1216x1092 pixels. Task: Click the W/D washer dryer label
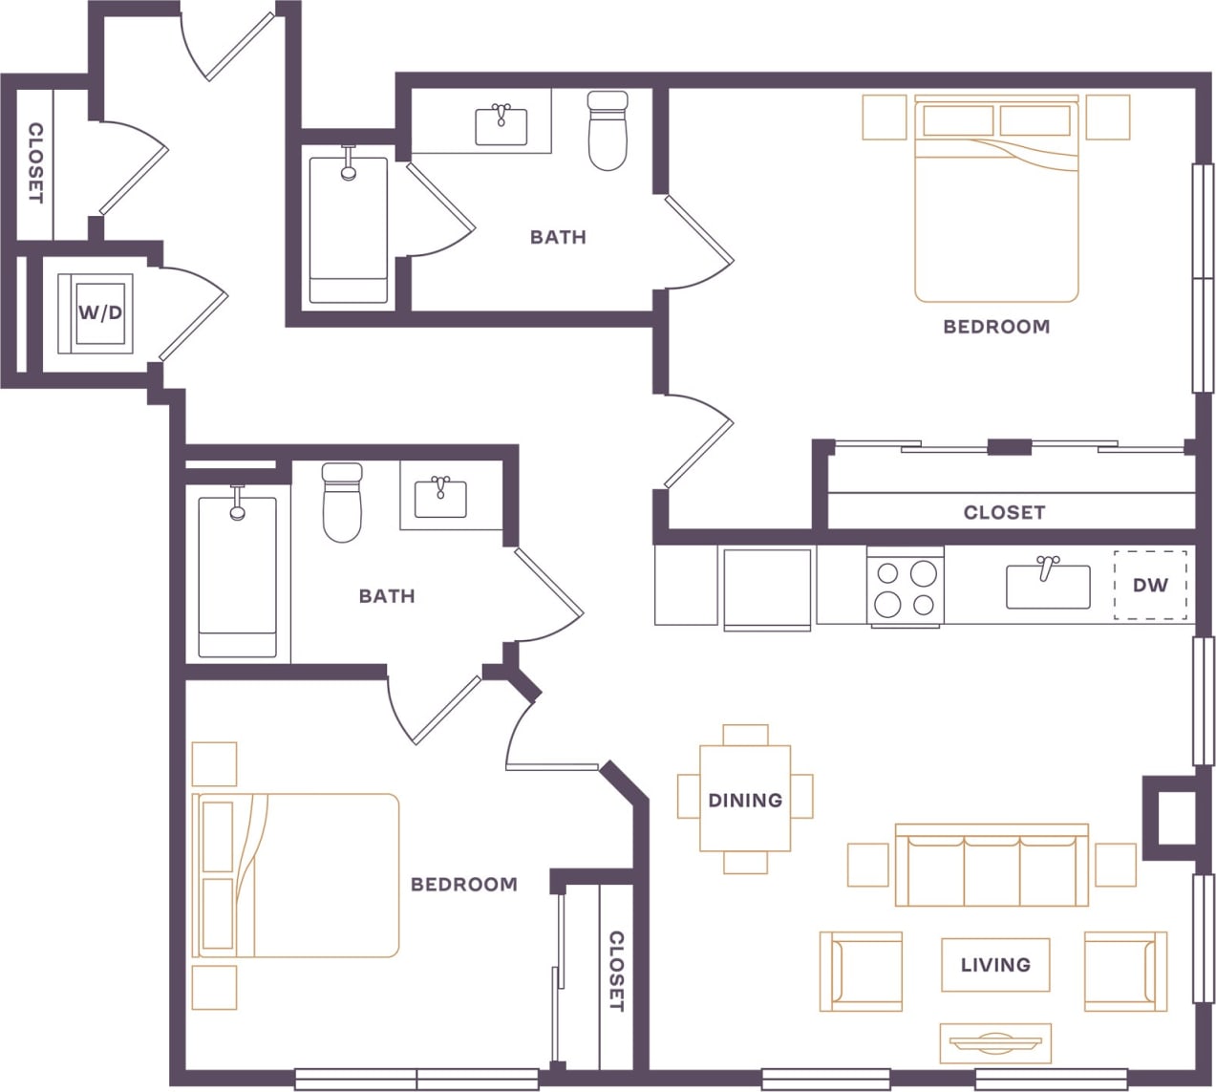click(x=100, y=312)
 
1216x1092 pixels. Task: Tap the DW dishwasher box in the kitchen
click(x=1150, y=585)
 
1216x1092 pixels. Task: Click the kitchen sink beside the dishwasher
click(x=1047, y=586)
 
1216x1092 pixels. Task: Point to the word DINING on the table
click(x=745, y=800)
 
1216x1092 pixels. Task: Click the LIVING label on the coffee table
click(x=995, y=965)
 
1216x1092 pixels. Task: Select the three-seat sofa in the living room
click(x=992, y=866)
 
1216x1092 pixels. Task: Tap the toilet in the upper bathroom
click(x=607, y=131)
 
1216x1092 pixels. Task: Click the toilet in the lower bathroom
click(x=342, y=503)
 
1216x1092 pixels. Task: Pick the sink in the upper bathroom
click(x=501, y=125)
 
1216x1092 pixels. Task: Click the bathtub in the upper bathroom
click(x=349, y=230)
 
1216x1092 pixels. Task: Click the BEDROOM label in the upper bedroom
click(x=996, y=327)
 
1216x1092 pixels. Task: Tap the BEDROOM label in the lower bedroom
click(x=463, y=885)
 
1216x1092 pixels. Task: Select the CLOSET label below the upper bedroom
click(x=1004, y=512)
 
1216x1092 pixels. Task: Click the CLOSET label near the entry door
click(x=35, y=162)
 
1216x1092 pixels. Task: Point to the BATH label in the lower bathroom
click(x=387, y=596)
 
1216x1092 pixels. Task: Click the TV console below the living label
click(x=995, y=1043)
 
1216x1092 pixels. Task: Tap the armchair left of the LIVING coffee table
click(x=861, y=972)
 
